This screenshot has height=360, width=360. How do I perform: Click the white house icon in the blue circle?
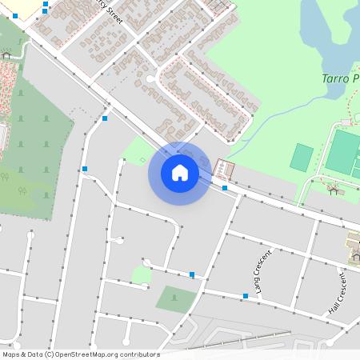point(180,173)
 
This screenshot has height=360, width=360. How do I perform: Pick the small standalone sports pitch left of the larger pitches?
point(302,157)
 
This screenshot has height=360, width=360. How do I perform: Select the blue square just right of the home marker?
point(225,188)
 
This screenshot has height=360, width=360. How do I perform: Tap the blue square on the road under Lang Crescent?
point(245,296)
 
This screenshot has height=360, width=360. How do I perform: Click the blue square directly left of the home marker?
point(85,169)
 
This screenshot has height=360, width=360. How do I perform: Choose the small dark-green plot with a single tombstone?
point(175,299)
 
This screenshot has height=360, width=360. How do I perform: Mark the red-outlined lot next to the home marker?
point(225,170)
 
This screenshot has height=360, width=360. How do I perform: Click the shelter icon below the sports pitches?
point(334,189)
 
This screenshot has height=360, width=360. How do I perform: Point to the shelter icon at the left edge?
point(6,55)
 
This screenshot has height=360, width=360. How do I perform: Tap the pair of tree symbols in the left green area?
point(23,190)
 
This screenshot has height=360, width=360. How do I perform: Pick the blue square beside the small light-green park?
point(192,274)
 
